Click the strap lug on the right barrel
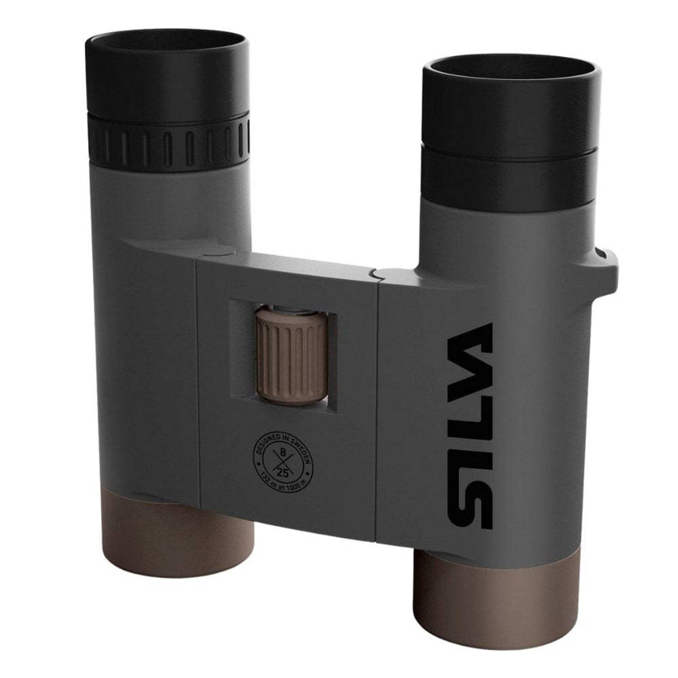click(x=608, y=264)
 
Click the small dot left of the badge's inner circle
click(x=264, y=464)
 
